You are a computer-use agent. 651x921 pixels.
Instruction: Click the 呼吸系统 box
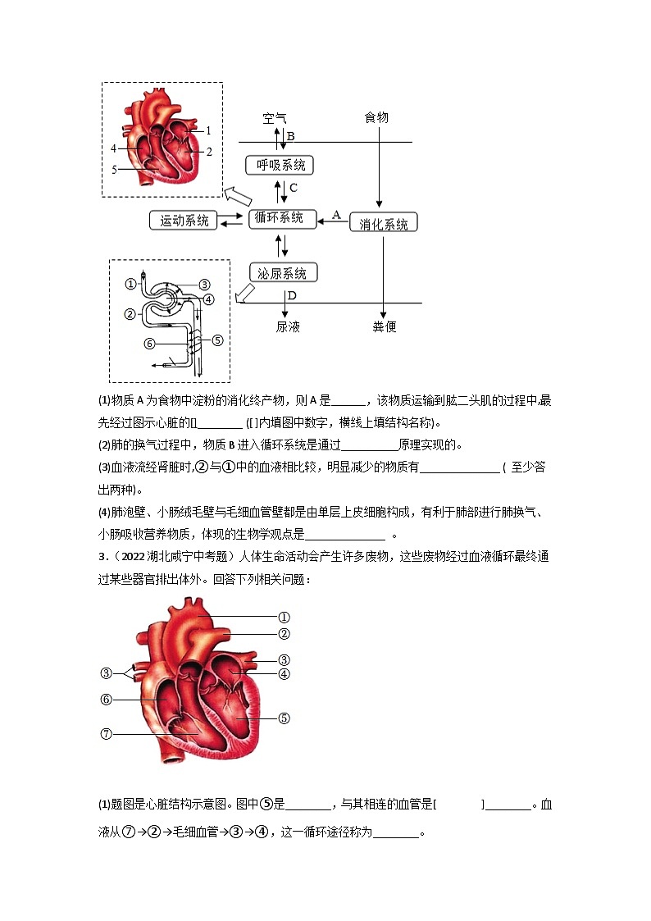[x=280, y=165]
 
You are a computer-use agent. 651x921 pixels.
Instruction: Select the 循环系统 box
[x=282, y=218]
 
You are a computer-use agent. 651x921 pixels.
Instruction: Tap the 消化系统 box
[x=384, y=224]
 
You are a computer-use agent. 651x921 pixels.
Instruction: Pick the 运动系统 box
[x=184, y=221]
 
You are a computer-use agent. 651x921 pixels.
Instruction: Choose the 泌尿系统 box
[x=283, y=273]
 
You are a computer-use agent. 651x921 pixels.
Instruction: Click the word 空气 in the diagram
[x=275, y=118]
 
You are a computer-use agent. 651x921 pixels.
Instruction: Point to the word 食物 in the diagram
[x=376, y=118]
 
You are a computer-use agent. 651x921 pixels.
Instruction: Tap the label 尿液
[x=288, y=326]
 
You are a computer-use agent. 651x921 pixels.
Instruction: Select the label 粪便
[x=385, y=326]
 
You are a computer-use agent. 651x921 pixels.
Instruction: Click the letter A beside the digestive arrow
[x=335, y=214]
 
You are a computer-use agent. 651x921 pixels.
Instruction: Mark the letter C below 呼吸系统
[x=294, y=188]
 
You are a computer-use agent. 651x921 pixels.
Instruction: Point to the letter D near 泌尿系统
[x=291, y=294]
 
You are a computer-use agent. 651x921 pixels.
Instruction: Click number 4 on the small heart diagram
[x=113, y=148]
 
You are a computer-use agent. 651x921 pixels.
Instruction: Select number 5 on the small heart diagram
[x=114, y=169]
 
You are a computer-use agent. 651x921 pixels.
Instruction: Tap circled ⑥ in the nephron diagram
[x=149, y=344]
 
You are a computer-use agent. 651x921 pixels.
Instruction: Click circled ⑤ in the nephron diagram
[x=217, y=340]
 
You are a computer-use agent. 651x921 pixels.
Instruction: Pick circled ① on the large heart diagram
[x=284, y=617]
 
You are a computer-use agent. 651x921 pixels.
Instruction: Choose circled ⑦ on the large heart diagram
[x=106, y=734]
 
